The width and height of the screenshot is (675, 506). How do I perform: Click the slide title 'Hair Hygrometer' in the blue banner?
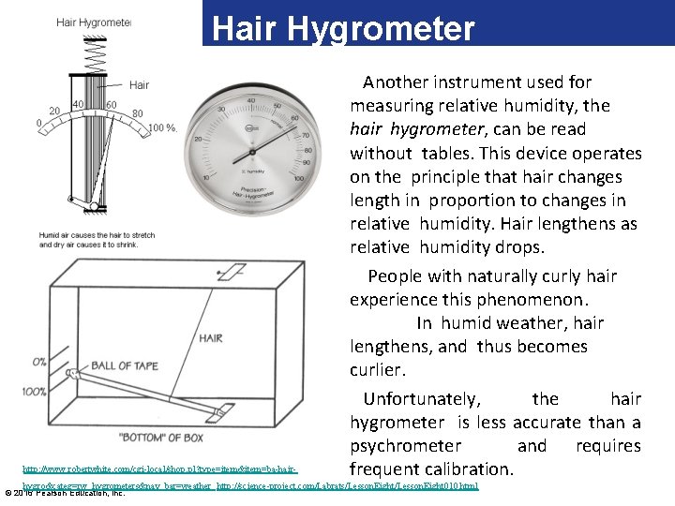pyautogui.click(x=343, y=28)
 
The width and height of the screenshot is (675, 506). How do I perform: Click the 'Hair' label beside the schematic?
pyautogui.click(x=139, y=85)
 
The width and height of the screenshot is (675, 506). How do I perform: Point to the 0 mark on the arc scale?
pyautogui.click(x=38, y=123)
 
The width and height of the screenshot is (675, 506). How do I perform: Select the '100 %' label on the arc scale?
pyautogui.click(x=162, y=127)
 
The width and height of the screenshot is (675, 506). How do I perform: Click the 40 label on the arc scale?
pyautogui.click(x=79, y=104)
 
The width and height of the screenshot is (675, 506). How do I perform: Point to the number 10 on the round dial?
pyautogui.click(x=205, y=178)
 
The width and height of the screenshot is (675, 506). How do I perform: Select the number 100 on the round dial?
pyautogui.click(x=298, y=178)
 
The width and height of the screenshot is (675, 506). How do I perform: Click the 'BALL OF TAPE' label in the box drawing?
pyautogui.click(x=125, y=365)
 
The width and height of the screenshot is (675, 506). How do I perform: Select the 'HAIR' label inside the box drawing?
pyautogui.click(x=210, y=337)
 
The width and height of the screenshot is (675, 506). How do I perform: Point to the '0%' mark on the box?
pyautogui.click(x=38, y=361)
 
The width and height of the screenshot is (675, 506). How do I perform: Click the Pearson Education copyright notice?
pyautogui.click(x=65, y=492)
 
